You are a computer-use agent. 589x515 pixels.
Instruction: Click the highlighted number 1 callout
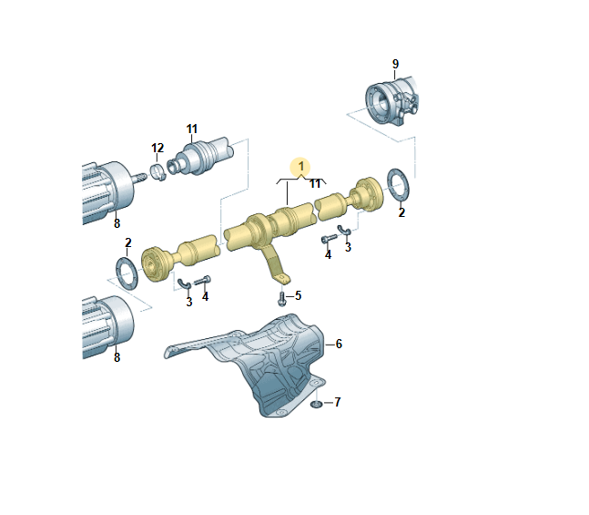tap(300, 166)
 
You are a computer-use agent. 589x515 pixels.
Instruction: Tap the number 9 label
tap(395, 64)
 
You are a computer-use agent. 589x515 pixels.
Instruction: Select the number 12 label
tap(157, 148)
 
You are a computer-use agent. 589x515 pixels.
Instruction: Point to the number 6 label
tap(339, 344)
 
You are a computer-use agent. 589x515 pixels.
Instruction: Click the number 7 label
tap(338, 402)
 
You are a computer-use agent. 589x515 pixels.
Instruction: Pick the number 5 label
tap(299, 295)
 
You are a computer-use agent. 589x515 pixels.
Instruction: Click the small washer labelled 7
tap(316, 405)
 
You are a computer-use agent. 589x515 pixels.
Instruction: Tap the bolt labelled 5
tap(281, 299)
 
